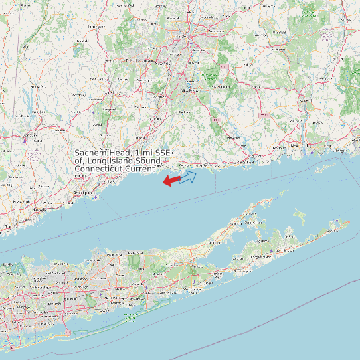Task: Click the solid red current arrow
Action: click(171, 180)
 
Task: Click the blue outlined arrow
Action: click(188, 177)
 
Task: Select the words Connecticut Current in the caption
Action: click(114, 169)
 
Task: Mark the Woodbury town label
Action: click(78, 95)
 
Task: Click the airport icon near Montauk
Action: click(338, 222)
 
